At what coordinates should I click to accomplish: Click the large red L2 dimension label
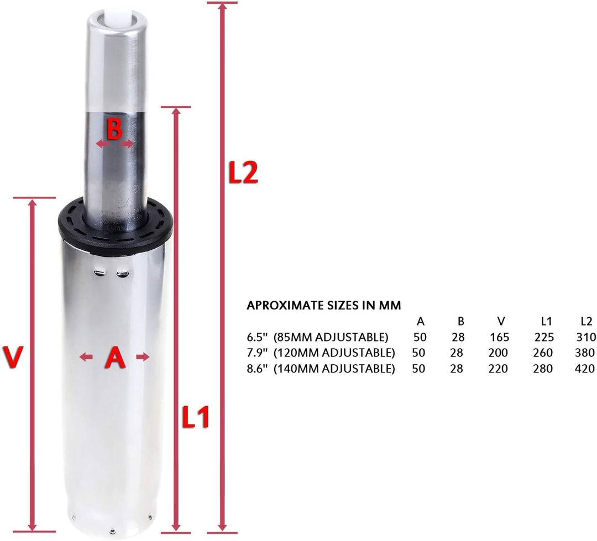click(x=243, y=173)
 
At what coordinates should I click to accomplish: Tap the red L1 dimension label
click(x=196, y=418)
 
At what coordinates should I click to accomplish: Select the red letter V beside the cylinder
click(x=12, y=357)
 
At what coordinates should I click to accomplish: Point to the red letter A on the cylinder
click(x=115, y=358)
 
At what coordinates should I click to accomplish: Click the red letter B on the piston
click(x=114, y=131)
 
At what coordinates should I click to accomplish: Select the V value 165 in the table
click(x=499, y=337)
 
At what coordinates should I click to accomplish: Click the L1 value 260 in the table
click(x=544, y=353)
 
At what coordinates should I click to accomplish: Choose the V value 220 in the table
click(x=499, y=369)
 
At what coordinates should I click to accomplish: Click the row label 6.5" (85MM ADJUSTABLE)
click(x=318, y=337)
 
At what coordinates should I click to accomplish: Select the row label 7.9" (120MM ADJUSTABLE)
click(x=321, y=353)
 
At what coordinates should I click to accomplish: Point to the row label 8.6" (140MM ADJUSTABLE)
click(x=321, y=369)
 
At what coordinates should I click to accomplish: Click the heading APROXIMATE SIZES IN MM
click(x=324, y=305)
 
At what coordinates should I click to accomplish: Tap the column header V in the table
click(x=500, y=321)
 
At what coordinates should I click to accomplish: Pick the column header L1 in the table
click(x=546, y=321)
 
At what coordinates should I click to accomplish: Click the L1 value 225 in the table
click(x=544, y=337)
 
